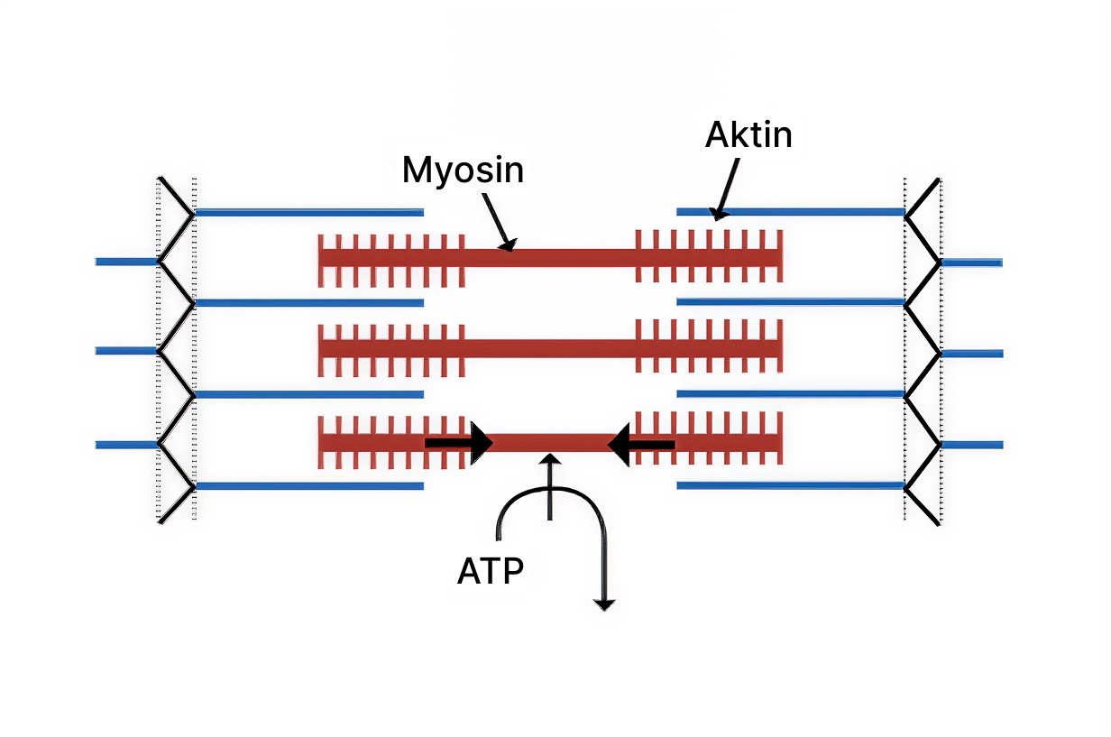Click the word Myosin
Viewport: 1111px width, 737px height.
463,170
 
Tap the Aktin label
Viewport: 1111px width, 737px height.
748,134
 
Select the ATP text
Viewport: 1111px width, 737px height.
491,571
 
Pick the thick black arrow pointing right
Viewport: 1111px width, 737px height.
459,443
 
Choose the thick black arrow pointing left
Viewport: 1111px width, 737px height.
641,444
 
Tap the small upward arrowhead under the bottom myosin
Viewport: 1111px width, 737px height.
549,462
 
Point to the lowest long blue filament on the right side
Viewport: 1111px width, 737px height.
790,485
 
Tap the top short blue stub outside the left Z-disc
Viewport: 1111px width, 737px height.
126,262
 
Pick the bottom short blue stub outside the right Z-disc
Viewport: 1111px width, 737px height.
971,445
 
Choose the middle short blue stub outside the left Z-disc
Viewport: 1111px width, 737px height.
126,351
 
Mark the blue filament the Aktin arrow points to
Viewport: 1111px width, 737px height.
790,212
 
